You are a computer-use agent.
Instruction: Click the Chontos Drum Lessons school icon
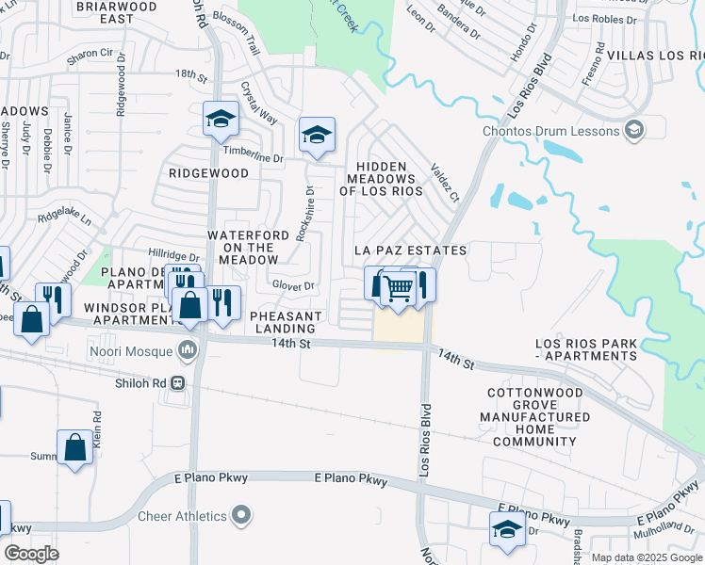(634, 131)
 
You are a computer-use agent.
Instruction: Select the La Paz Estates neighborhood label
(410, 250)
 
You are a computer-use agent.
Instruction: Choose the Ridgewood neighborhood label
(208, 173)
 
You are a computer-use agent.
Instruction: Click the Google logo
(31, 554)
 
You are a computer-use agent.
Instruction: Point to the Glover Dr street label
(292, 285)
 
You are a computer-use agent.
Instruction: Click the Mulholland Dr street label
(671, 531)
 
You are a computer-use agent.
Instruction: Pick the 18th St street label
(190, 73)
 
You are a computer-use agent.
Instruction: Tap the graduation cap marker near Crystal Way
(221, 119)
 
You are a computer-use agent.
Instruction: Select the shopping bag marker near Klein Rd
(74, 448)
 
